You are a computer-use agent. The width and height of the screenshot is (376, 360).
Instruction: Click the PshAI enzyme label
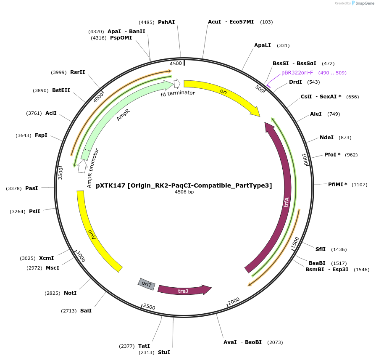[x=166, y=22]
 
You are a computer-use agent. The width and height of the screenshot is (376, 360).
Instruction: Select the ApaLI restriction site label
[x=263, y=45]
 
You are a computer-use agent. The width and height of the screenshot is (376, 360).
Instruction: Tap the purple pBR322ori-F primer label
[x=297, y=73]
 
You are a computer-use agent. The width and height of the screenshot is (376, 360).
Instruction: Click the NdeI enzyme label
[x=326, y=138]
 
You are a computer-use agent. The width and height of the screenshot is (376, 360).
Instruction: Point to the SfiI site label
[x=321, y=249]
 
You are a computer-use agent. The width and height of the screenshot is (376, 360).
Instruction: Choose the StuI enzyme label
[x=164, y=352]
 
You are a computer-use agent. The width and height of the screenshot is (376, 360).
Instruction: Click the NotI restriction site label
[x=70, y=293]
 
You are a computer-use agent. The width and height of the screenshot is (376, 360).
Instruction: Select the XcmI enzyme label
[x=46, y=258]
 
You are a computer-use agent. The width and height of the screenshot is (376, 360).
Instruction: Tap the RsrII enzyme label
[x=78, y=72]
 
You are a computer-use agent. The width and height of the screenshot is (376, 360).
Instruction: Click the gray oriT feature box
[x=146, y=284]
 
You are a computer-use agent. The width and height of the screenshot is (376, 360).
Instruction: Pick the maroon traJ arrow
[x=184, y=290]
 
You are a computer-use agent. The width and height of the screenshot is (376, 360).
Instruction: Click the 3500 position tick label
[x=60, y=173]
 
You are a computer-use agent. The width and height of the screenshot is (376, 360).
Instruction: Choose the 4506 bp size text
[x=184, y=192]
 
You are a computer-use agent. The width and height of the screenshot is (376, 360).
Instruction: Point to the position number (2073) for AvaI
[x=275, y=342]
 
